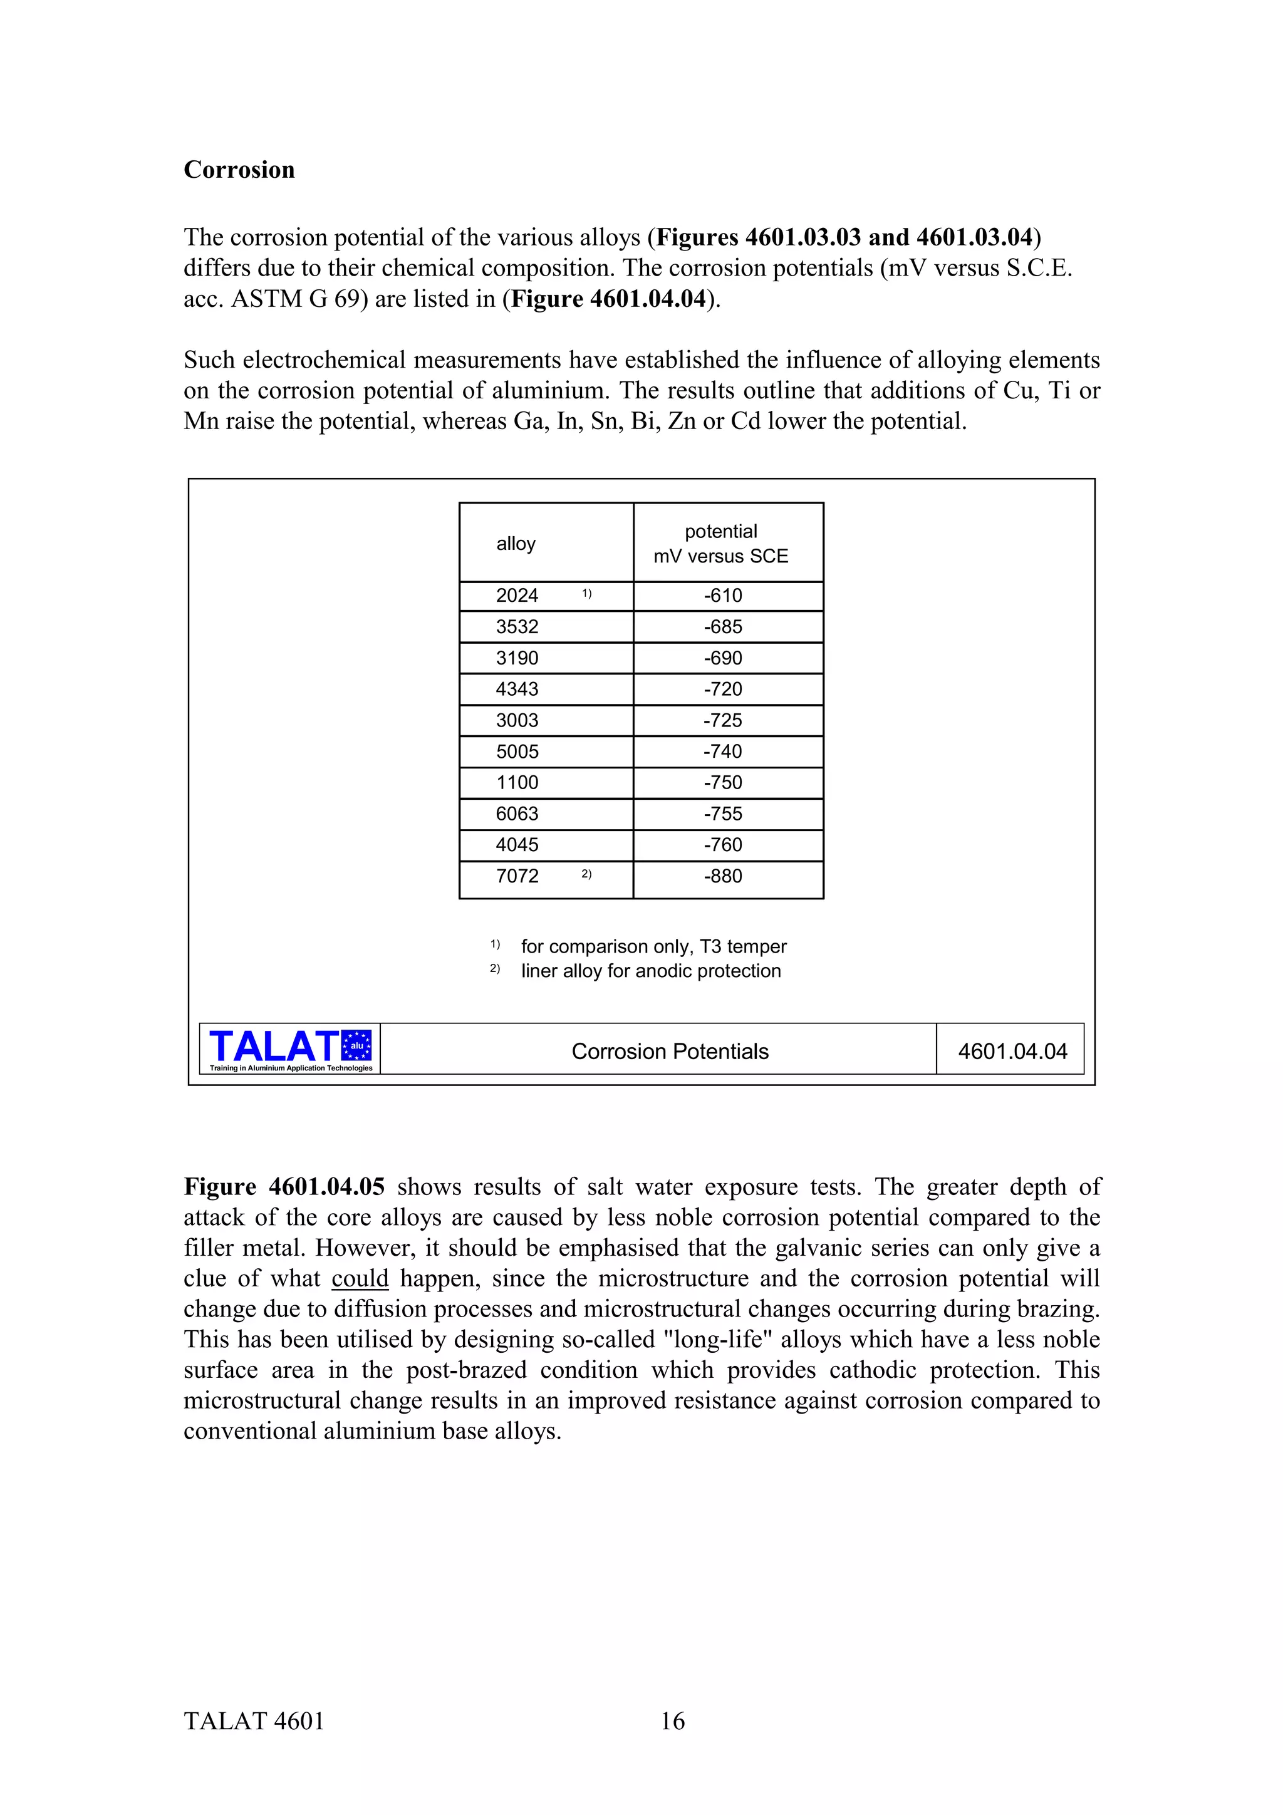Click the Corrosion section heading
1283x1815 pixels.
(239, 170)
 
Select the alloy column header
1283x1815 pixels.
(516, 544)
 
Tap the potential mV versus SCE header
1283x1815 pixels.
(720, 544)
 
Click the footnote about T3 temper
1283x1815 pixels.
(653, 946)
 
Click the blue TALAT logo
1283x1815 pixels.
(289, 1048)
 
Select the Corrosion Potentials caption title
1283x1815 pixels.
(670, 1052)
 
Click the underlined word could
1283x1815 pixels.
(360, 1278)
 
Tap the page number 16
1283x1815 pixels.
(672, 1721)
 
